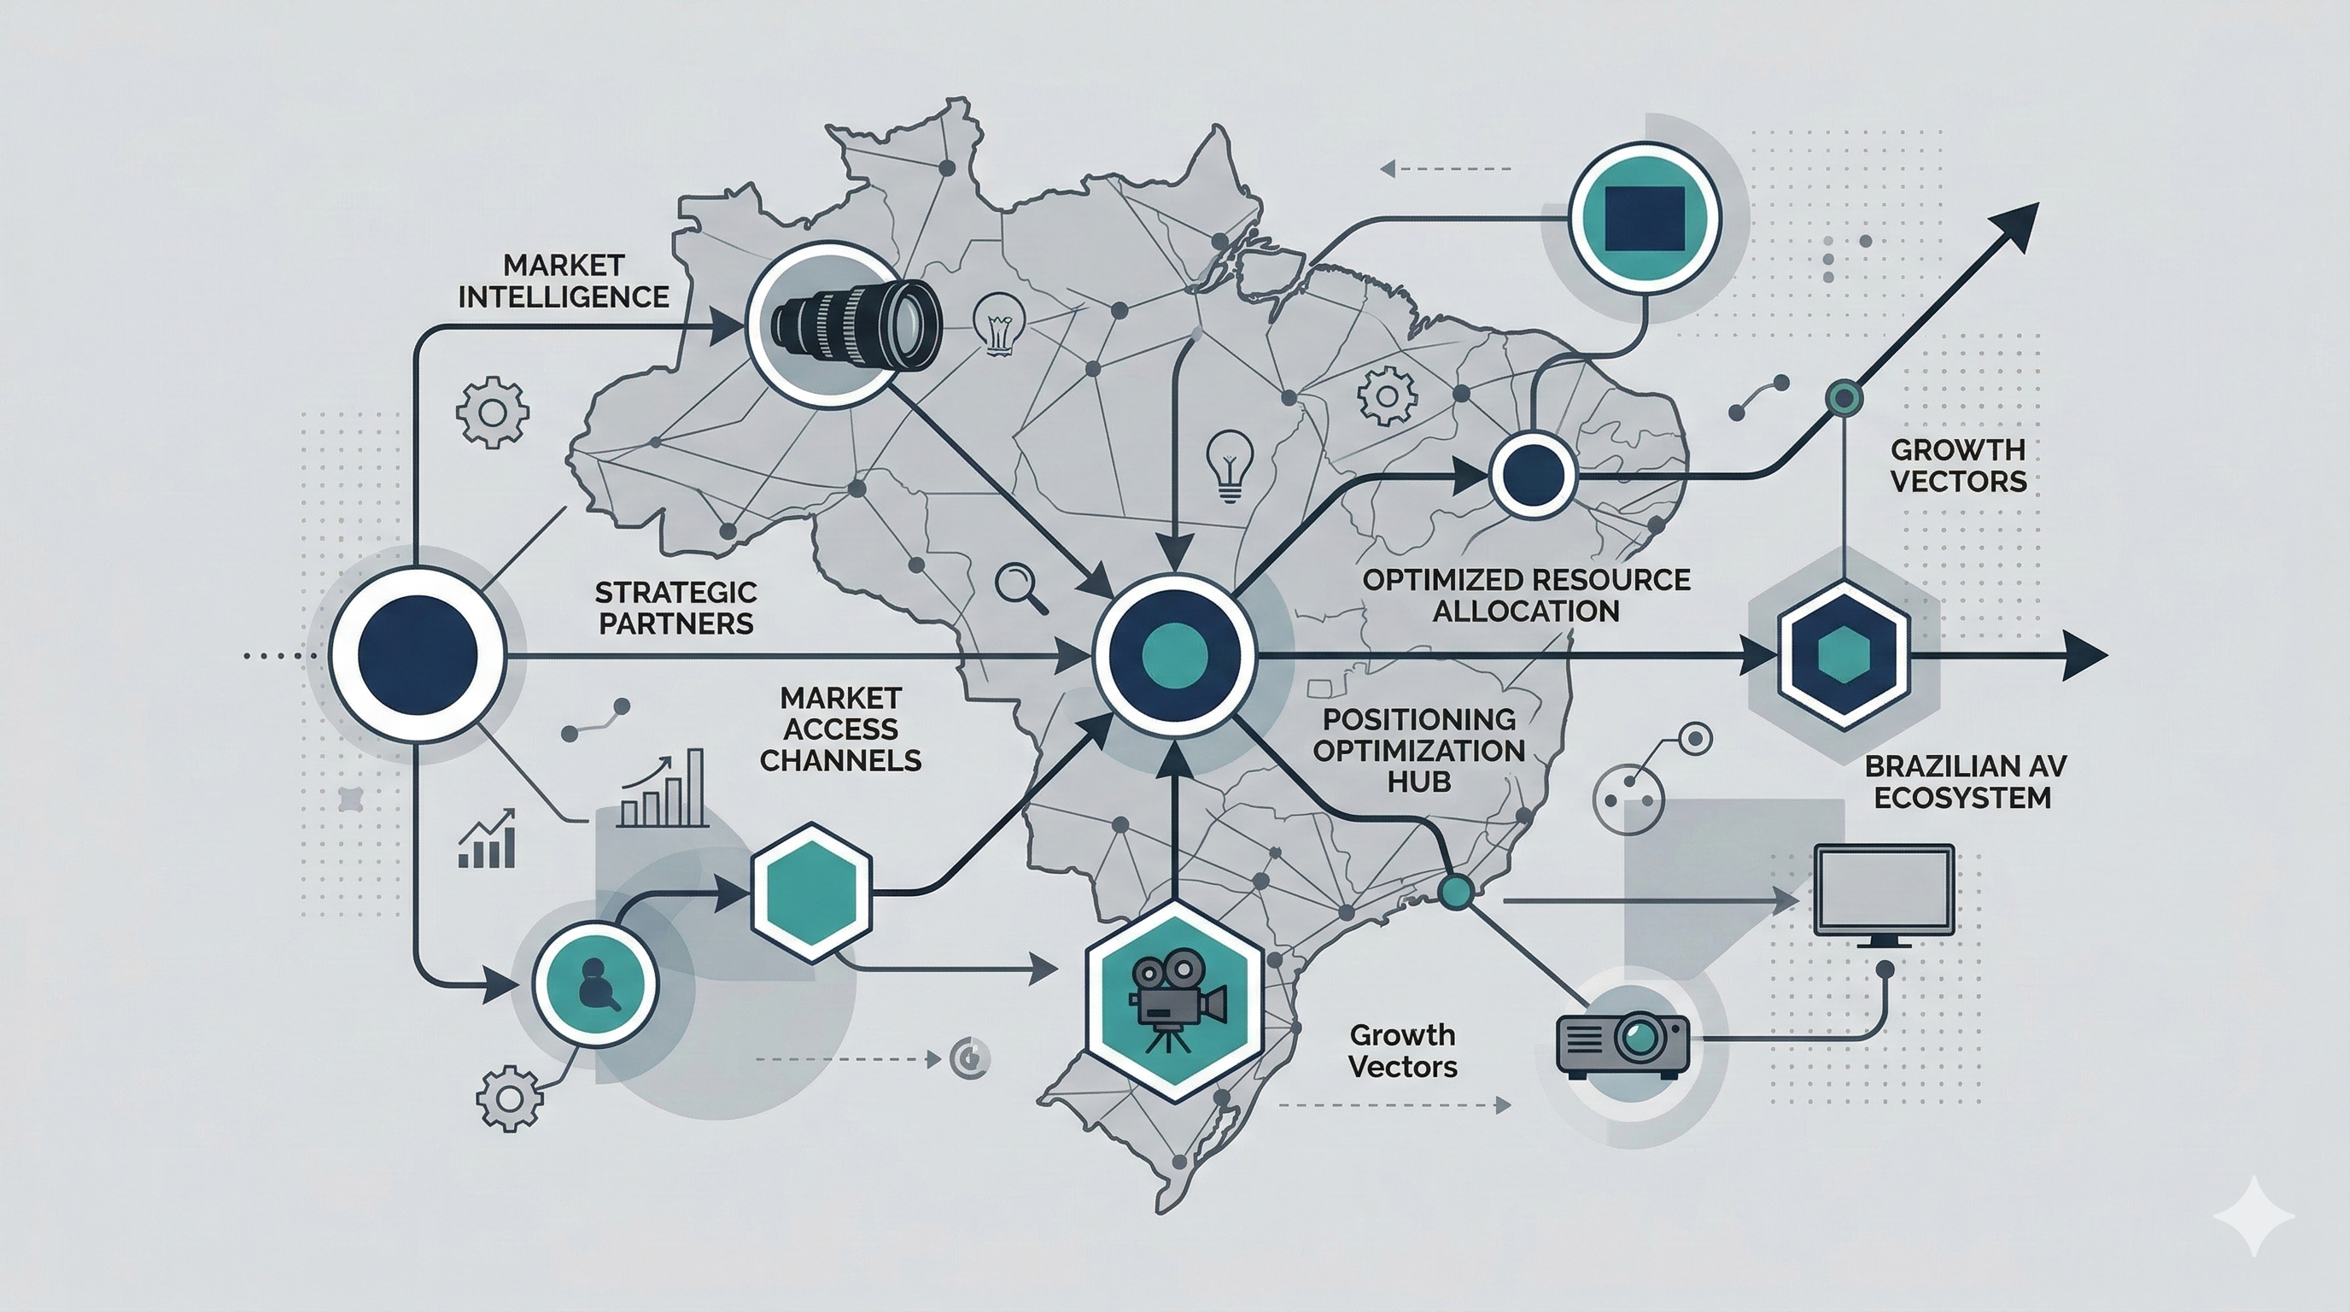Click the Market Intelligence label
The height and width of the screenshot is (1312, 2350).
pos(563,281)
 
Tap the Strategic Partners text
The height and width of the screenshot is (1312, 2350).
pos(675,607)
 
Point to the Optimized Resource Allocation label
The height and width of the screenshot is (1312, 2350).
pos(1525,594)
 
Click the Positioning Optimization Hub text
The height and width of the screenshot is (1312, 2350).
pos(1418,750)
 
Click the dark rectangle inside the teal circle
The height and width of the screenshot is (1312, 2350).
pos(1645,219)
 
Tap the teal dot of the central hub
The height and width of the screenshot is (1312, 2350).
pos(1174,653)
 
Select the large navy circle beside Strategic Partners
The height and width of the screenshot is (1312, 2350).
pos(418,654)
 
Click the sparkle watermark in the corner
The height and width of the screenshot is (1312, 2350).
pos(2253,1217)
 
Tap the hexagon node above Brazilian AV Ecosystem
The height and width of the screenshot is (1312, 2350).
pos(1843,653)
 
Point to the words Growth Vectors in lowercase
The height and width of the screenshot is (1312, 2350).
pos(1403,1050)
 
